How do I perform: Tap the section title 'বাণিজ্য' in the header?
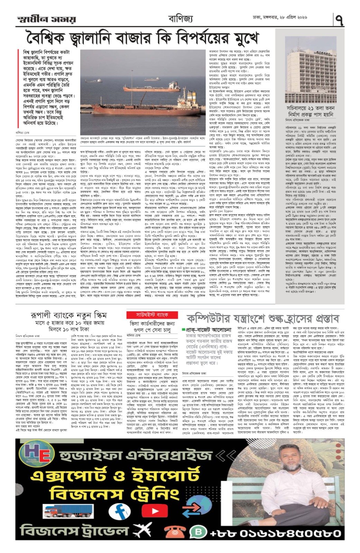coord(181,18)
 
